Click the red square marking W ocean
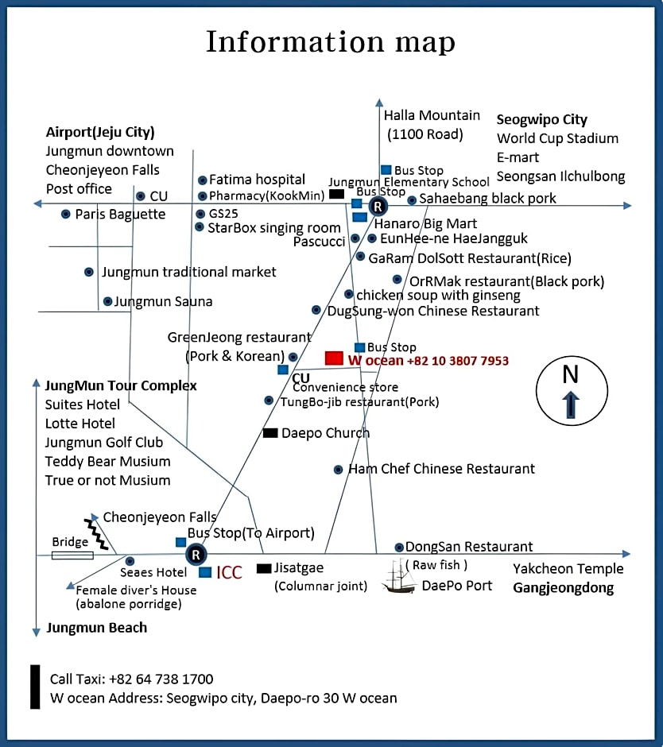pyautogui.click(x=334, y=358)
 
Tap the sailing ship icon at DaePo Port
pyautogui.click(x=398, y=577)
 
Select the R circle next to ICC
pyautogui.click(x=196, y=555)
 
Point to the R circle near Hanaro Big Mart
pyautogui.click(x=378, y=207)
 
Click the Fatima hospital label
pyautogui.click(x=257, y=180)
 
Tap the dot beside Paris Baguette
pyautogui.click(x=66, y=215)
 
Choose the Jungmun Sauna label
pyautogui.click(x=163, y=301)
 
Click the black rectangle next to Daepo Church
pyautogui.click(x=270, y=432)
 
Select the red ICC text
pyautogui.click(x=229, y=572)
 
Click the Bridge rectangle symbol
pyautogui.click(x=72, y=555)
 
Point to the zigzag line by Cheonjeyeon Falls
pyautogui.click(x=96, y=534)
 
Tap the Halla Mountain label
pyautogui.click(x=432, y=115)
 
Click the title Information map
pyautogui.click(x=331, y=41)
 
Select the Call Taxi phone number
pyautogui.click(x=161, y=679)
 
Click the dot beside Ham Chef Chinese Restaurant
pyautogui.click(x=338, y=470)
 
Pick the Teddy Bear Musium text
pyautogui.click(x=108, y=461)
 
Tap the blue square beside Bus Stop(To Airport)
pyautogui.click(x=180, y=542)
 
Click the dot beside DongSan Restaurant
pyautogui.click(x=399, y=548)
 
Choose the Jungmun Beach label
pyautogui.click(x=97, y=628)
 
